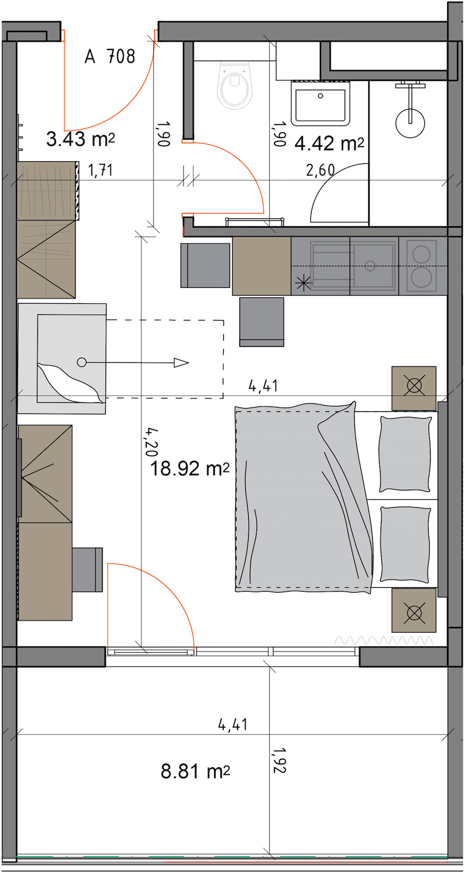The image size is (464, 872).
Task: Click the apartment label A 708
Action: pyautogui.click(x=110, y=56)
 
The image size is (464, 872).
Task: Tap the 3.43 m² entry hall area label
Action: pyautogui.click(x=81, y=139)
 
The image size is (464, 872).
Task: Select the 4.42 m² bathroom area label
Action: pyautogui.click(x=329, y=143)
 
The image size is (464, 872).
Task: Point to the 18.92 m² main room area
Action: pyautogui.click(x=190, y=468)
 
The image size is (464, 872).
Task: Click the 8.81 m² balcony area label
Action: pyautogui.click(x=195, y=771)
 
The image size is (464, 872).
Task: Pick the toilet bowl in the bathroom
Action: pyautogui.click(x=234, y=85)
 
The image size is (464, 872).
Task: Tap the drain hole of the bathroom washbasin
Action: pyautogui.click(x=320, y=96)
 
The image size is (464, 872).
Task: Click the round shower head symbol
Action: pyautogui.click(x=410, y=123)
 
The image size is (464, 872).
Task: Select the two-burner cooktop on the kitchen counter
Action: pyautogui.click(x=421, y=266)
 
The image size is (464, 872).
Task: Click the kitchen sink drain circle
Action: pyautogui.click(x=370, y=266)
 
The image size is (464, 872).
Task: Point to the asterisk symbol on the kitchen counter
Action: pyautogui.click(x=302, y=283)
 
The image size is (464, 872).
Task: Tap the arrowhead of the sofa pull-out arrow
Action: pyautogui.click(x=181, y=363)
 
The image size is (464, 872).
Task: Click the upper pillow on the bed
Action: pyautogui.click(x=405, y=454)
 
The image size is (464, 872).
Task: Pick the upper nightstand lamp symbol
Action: pyautogui.click(x=414, y=386)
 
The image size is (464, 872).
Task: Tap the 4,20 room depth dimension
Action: pyautogui.click(x=151, y=442)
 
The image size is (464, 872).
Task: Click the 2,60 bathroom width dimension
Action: pyautogui.click(x=320, y=170)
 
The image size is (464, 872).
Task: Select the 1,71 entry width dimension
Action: pyautogui.click(x=101, y=170)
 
